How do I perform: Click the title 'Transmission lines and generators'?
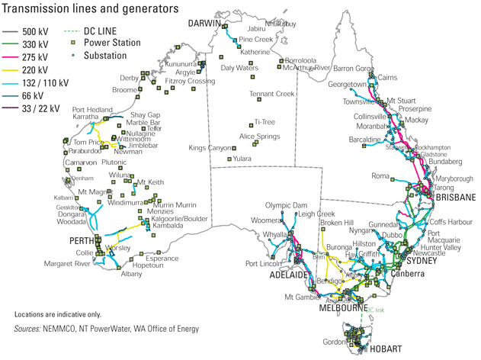pyautogui.click(x=91, y=8)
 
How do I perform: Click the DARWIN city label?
pyautogui.click(x=205, y=24)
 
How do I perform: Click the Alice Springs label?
pyautogui.click(x=260, y=137)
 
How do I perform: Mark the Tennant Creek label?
pyautogui.click(x=272, y=95)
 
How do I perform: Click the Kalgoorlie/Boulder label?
pyautogui.click(x=180, y=218)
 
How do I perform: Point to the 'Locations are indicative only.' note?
pyautogui.click(x=57, y=314)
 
